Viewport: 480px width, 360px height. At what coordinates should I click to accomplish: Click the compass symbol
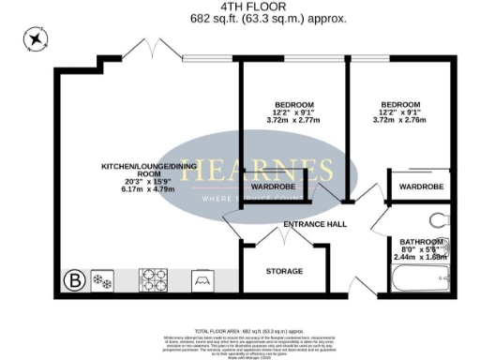(36, 39)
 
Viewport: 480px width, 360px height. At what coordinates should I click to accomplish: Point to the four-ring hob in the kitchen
(154, 279)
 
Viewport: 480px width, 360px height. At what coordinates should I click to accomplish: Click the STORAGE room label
(284, 271)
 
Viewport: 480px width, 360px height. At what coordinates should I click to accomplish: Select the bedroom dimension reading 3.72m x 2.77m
(293, 121)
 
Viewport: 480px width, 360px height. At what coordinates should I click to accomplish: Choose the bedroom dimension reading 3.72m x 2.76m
(399, 121)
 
